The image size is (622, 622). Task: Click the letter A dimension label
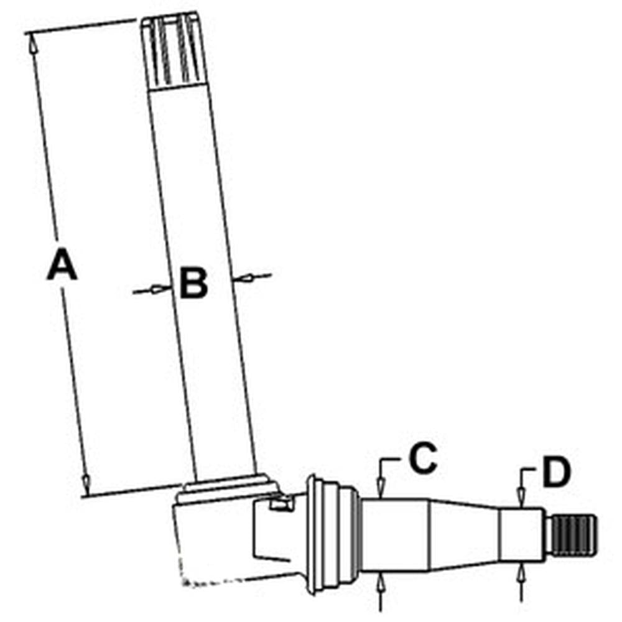62,263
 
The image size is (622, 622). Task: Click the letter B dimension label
193,283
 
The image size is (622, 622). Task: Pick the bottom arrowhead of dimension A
85,483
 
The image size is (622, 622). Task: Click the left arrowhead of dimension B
161,289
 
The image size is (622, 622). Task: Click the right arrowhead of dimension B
243,278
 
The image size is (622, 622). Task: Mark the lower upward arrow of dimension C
381,583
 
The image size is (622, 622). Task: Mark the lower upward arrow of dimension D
521,575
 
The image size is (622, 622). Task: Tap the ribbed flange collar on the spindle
332,534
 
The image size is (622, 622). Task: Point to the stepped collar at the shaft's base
228,487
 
